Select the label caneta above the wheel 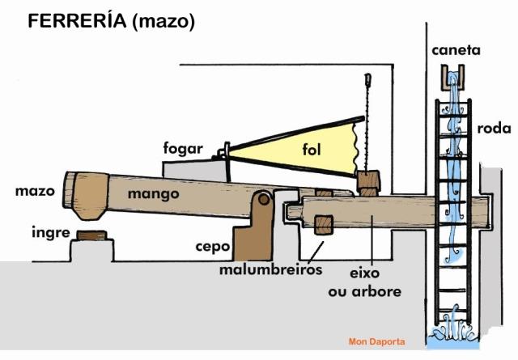pos(456,51)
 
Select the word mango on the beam pos(153,194)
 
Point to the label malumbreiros pos(271,269)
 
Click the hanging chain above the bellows pos(367,121)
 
